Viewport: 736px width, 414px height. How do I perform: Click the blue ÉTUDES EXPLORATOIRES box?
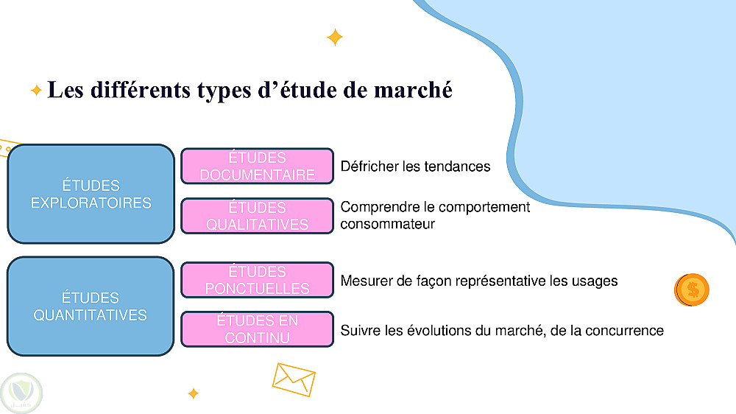91,194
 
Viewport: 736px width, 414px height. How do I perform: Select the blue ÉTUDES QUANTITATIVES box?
91,306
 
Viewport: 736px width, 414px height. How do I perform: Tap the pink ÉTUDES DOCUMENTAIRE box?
257,166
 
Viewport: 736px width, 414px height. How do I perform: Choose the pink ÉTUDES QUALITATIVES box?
257,216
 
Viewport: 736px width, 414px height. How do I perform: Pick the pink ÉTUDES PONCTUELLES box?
257,280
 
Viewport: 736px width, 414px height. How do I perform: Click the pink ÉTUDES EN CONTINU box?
257,329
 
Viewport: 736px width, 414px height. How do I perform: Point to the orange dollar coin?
691,290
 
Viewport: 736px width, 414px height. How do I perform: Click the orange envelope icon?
294,379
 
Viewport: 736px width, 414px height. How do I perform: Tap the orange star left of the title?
36,90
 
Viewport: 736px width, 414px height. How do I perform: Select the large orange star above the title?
335,38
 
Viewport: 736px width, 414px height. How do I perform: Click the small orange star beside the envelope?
193,393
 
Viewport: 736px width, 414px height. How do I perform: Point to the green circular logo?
21,393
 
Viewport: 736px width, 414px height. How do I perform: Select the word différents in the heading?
141,90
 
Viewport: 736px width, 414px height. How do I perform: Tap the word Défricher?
370,166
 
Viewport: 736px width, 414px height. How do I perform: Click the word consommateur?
388,224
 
